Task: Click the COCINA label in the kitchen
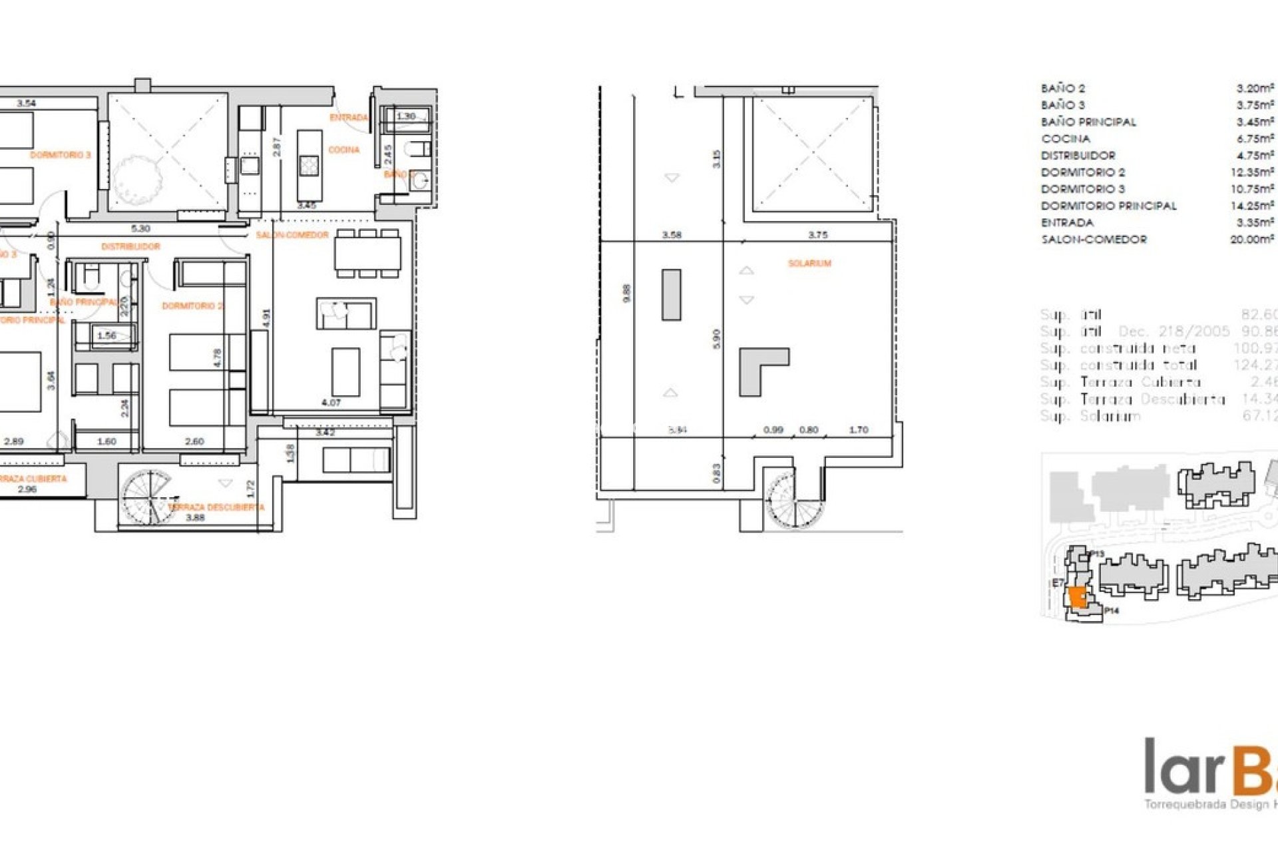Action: (x=343, y=150)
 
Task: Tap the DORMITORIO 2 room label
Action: (x=192, y=306)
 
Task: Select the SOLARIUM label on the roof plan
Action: (x=809, y=264)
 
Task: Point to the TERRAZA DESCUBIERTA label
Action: (x=216, y=507)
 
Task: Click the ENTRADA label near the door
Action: (x=348, y=118)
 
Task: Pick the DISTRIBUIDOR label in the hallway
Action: (x=130, y=246)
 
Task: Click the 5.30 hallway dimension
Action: (x=140, y=228)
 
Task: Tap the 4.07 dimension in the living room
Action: (x=331, y=403)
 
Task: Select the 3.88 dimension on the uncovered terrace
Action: (x=195, y=517)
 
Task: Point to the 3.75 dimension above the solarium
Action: (x=817, y=235)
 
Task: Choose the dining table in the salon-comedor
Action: (x=367, y=253)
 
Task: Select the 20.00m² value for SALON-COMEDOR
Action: (x=1252, y=240)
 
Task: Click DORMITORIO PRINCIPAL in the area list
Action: (x=1108, y=206)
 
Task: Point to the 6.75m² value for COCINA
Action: (x=1255, y=138)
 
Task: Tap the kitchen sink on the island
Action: (x=309, y=165)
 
